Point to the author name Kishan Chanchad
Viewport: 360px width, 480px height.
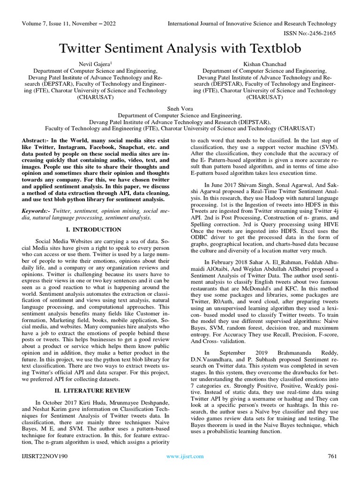pos(264,64)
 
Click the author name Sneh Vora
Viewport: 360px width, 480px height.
pos(180,108)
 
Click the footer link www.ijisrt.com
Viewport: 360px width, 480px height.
pos(185,456)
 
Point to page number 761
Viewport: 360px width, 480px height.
pos(331,456)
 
